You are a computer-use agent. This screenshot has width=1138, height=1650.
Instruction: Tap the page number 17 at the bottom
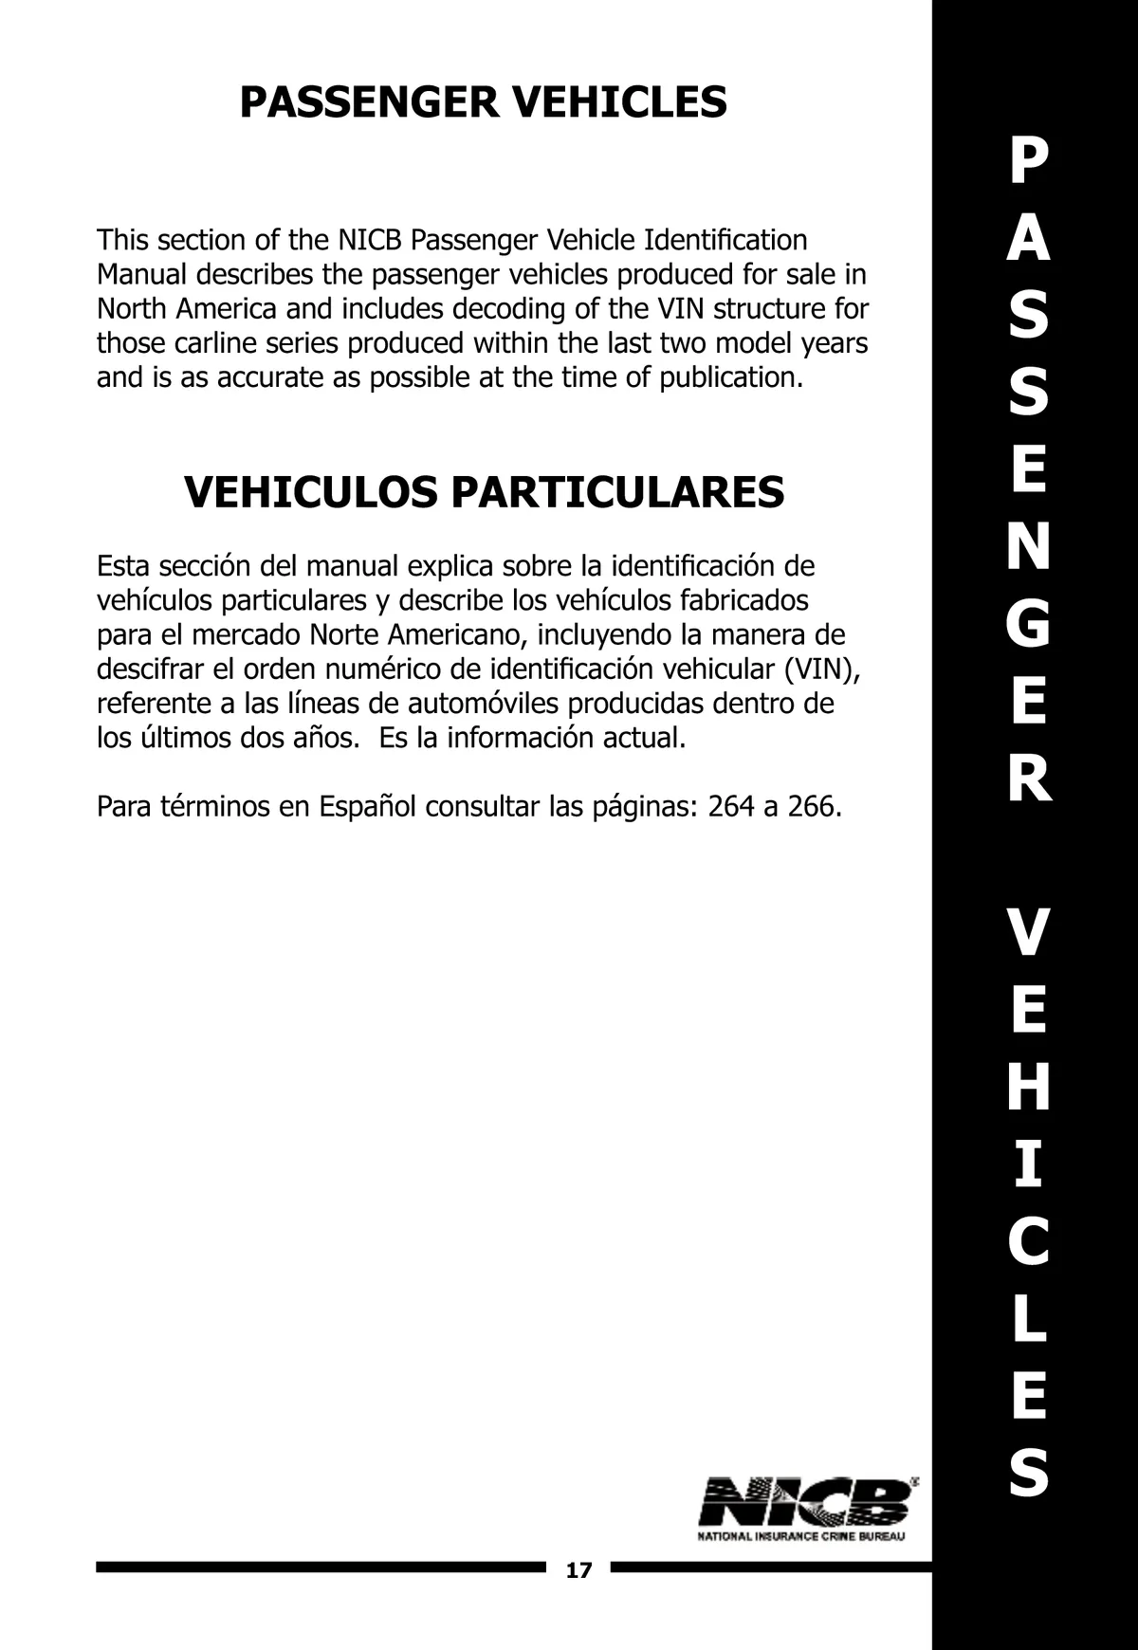578,1570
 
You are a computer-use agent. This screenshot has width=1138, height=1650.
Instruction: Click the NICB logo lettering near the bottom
805,1502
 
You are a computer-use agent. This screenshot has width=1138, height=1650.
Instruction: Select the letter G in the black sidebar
1029,625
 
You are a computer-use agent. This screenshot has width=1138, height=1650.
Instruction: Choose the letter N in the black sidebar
1029,548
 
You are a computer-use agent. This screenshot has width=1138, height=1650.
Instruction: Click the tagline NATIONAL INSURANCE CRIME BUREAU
801,1536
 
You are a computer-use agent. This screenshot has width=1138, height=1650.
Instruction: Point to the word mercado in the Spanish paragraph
248,634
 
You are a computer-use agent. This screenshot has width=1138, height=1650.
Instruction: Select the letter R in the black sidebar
1029,779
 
